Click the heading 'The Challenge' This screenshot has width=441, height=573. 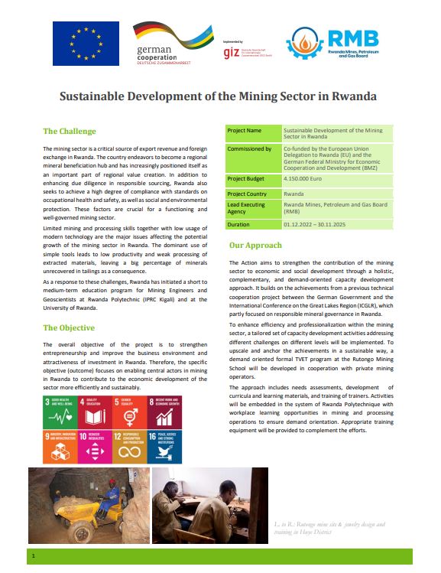pyautogui.click(x=70, y=131)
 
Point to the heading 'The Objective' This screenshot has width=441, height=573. pyautogui.click(x=69, y=328)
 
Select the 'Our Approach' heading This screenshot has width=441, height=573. pyautogui.click(x=255, y=246)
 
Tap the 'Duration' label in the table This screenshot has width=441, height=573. pyautogui.click(x=239, y=225)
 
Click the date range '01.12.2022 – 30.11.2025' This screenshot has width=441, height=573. pyautogui.click(x=320, y=225)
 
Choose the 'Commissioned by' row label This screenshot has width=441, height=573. pyautogui.click(x=250, y=149)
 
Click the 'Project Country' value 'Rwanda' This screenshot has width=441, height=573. pyautogui.click(x=294, y=194)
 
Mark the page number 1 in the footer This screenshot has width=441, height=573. pyautogui.click(x=34, y=558)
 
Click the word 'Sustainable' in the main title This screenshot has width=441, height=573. pyautogui.click(x=97, y=97)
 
